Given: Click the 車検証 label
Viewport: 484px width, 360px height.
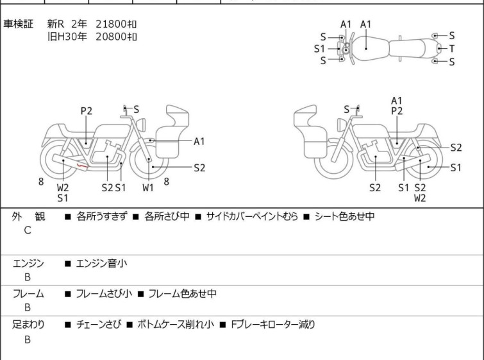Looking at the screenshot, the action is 18,24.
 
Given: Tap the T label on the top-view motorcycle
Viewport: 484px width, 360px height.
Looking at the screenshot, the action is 452,49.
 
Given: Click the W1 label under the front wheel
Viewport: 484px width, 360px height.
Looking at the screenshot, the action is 148,187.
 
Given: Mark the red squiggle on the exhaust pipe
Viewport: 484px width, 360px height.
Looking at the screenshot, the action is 83,167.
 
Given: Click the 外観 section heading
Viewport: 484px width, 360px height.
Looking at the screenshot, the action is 28,216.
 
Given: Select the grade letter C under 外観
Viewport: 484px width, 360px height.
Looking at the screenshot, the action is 28,230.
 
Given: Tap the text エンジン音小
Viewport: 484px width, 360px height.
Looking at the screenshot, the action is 101,264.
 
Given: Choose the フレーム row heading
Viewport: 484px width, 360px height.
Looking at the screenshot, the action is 28,293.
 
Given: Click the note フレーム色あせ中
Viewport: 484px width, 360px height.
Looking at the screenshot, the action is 183,293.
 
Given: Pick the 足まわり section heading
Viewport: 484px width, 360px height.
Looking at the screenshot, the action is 28,325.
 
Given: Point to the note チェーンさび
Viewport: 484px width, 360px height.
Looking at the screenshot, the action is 98,325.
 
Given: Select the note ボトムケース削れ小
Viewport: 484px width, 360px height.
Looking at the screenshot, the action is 176,325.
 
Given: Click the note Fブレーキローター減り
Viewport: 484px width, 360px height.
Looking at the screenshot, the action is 273,325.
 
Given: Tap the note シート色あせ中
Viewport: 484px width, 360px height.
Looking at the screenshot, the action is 344,216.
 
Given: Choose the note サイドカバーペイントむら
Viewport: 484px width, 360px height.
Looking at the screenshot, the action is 252,216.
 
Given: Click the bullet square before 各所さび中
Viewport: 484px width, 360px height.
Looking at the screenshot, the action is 136,217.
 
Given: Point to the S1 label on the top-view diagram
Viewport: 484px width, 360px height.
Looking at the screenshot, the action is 319,49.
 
